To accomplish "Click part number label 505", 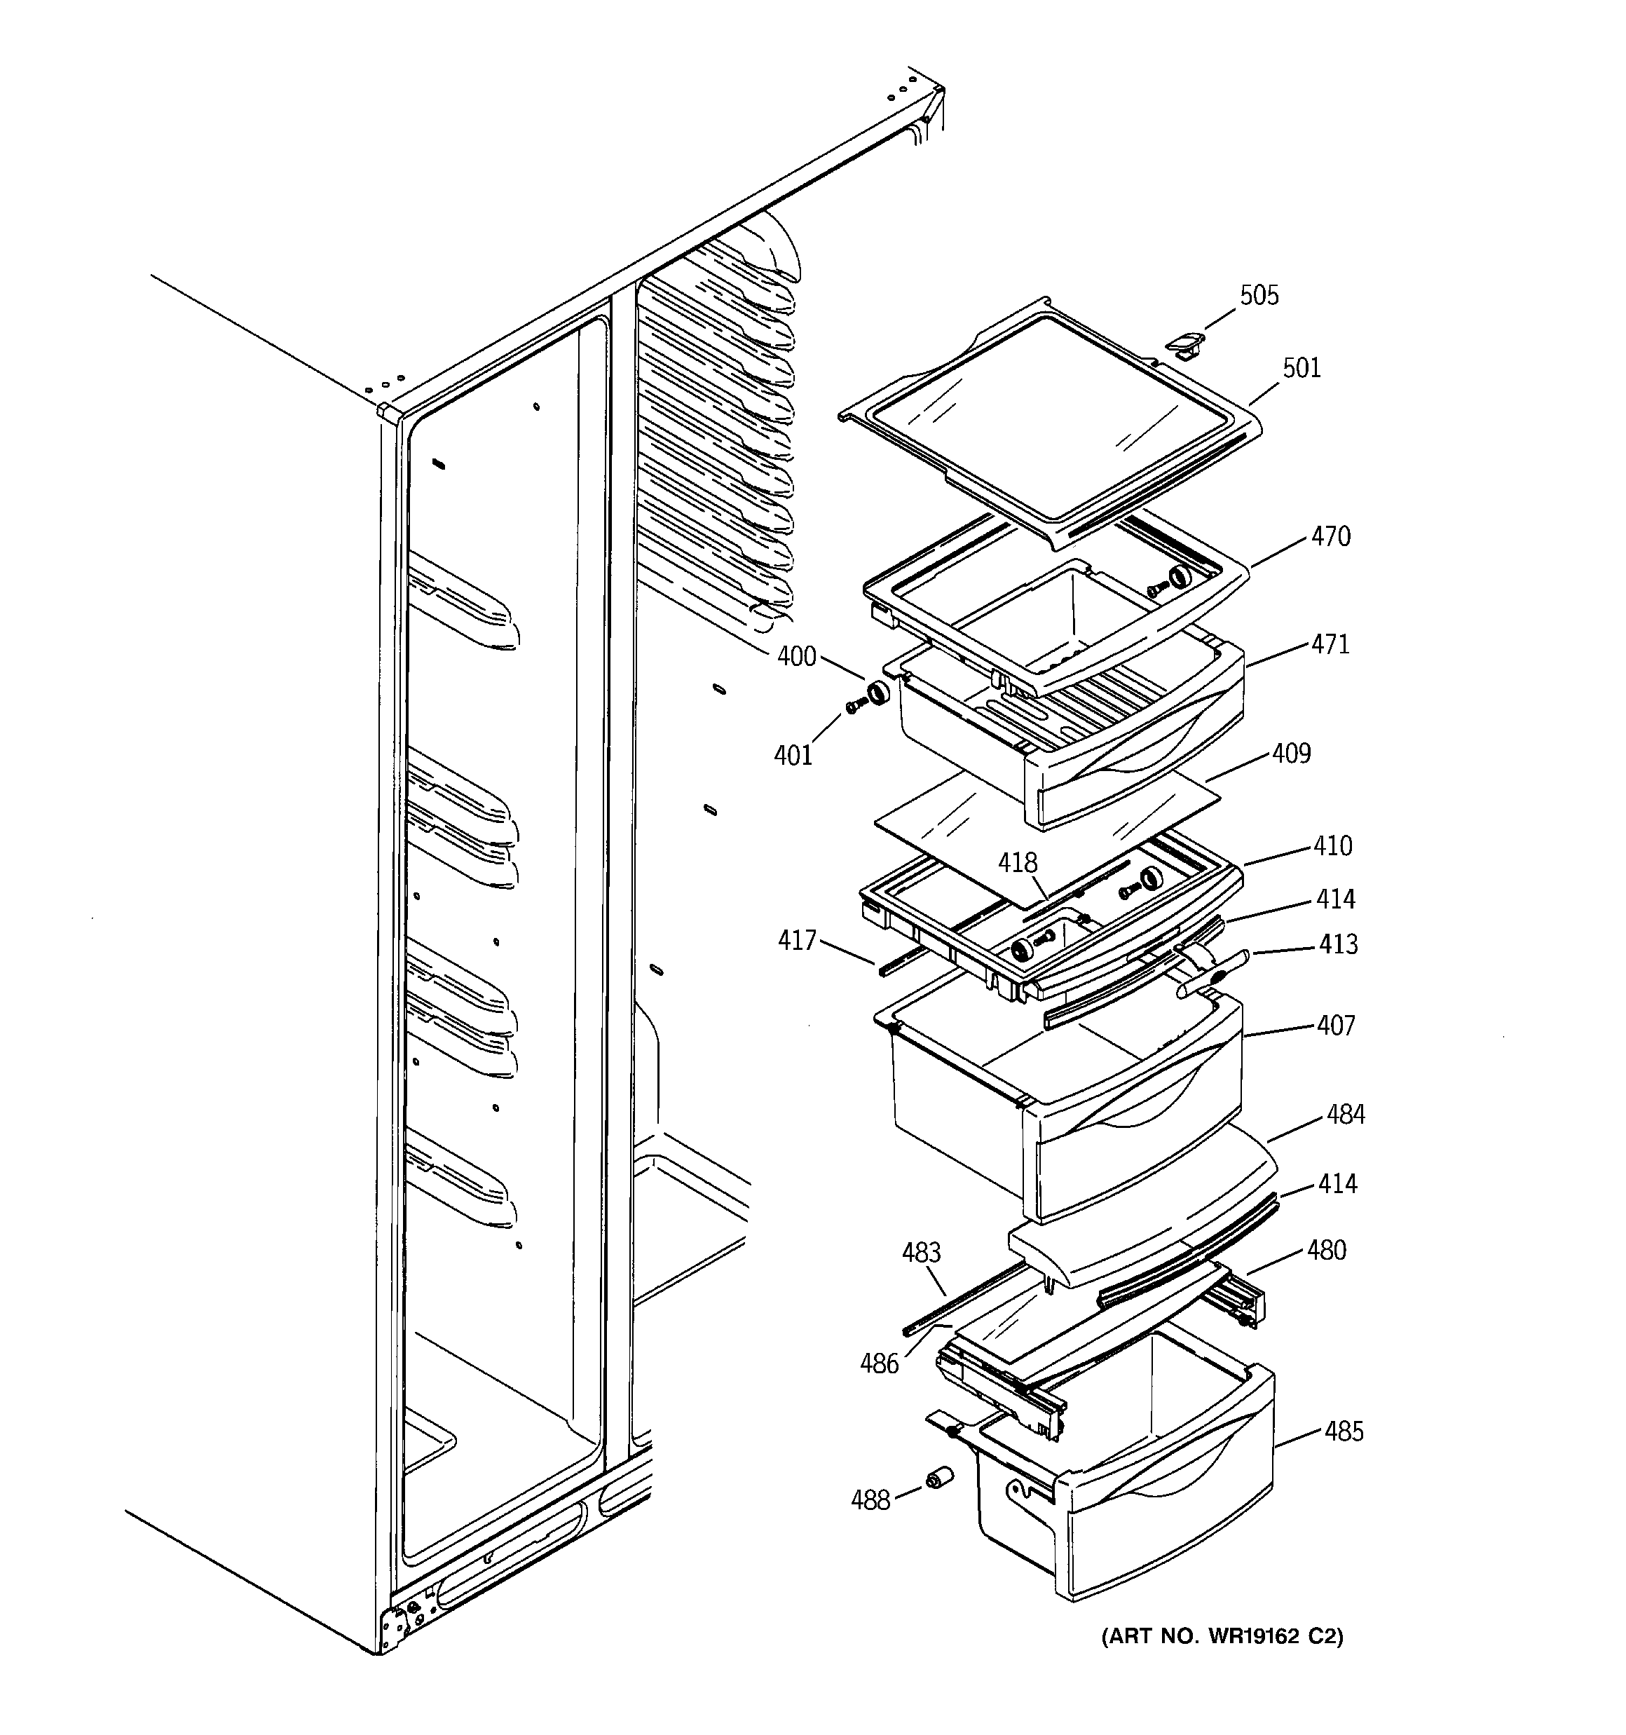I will tap(1259, 295).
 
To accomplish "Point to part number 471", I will tap(1330, 644).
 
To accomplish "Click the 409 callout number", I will tap(1291, 753).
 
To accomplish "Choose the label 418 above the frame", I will tap(1018, 862).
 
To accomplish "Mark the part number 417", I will tap(796, 940).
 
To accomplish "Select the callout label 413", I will tap(1338, 944).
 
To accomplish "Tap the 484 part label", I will tap(1345, 1115).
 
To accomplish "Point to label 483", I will tap(921, 1253).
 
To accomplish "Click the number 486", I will tap(879, 1364).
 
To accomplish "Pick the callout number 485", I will tap(1344, 1431).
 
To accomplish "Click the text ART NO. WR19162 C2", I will tap(1222, 1636).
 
